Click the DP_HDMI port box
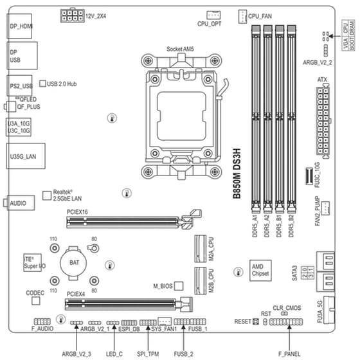22,28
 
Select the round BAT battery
74,262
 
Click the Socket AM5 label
181,49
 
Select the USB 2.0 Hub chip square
42,84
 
